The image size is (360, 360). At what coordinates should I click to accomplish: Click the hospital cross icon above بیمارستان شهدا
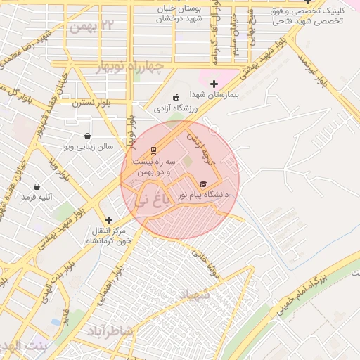(214, 84)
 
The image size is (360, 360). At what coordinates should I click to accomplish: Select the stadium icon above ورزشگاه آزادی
(176, 97)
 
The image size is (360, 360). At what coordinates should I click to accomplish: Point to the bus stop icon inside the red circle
(153, 150)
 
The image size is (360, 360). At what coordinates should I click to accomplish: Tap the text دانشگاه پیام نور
(199, 195)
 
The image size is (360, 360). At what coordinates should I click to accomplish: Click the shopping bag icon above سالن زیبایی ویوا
(87, 136)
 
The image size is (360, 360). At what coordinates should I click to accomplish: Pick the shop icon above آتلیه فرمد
(37, 187)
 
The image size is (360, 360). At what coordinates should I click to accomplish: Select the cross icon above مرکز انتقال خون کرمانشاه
(108, 219)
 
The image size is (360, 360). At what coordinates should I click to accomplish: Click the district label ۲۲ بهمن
(91, 27)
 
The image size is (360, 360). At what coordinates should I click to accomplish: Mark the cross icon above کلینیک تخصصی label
(307, 1)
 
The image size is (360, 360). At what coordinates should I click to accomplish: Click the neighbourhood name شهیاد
(195, 295)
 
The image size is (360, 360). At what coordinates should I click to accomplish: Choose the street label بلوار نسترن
(88, 101)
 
